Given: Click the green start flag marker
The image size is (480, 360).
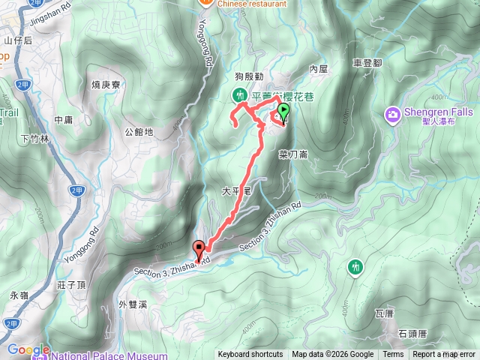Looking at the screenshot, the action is click(x=283, y=112).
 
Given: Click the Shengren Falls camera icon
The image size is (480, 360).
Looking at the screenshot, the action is click(x=392, y=114).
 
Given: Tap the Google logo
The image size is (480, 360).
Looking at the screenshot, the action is click(x=28, y=350).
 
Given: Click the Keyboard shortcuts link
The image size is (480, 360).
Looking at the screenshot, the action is click(x=250, y=355).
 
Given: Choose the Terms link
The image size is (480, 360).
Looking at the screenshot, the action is click(x=393, y=355).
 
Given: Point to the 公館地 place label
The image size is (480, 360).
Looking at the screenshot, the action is click(x=139, y=133).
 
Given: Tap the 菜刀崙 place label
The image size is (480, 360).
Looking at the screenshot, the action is click(x=293, y=155).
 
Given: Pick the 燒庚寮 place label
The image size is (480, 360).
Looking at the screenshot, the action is click(x=106, y=85).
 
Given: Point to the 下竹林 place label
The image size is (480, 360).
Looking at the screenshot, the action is click(x=35, y=139).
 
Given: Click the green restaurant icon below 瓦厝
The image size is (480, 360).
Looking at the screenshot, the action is click(x=355, y=266).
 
